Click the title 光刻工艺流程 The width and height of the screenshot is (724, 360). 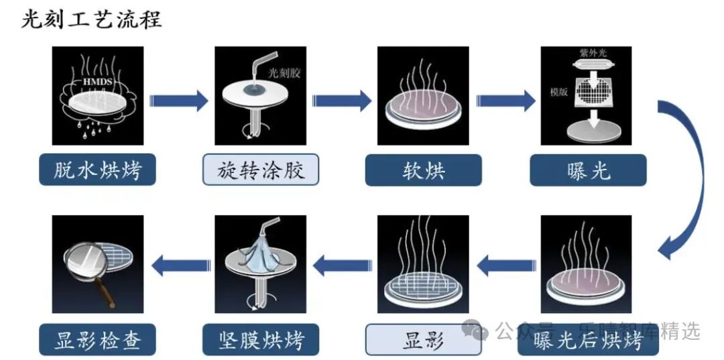[91, 19]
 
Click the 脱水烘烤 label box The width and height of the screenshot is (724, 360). [98, 170]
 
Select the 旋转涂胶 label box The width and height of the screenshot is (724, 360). [261, 170]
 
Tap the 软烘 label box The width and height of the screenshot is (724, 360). [423, 170]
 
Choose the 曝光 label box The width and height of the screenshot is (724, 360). [588, 170]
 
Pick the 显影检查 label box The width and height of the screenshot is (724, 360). [98, 339]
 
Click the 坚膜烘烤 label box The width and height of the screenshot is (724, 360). [261, 339]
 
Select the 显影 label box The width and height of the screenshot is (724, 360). [423, 339]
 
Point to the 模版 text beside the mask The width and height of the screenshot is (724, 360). [559, 93]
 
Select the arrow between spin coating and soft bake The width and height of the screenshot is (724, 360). [342, 101]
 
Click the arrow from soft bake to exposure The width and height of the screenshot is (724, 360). [505, 101]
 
